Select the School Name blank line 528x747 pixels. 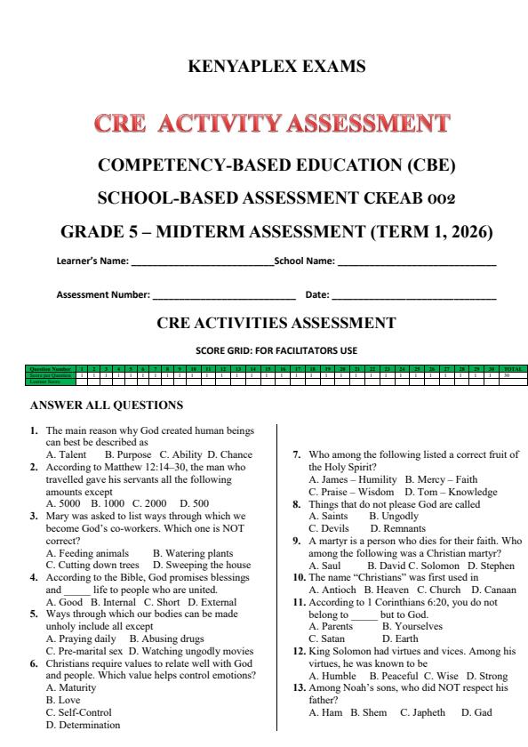(x=416, y=263)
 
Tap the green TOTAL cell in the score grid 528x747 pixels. (x=512, y=367)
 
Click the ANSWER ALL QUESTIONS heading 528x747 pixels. (x=107, y=406)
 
